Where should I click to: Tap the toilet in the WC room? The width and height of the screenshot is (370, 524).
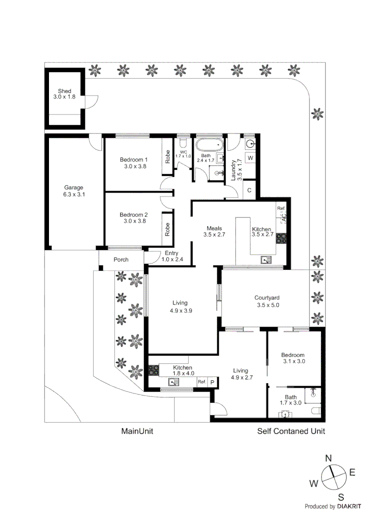point(183,143)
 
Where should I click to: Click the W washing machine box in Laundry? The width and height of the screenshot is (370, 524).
point(250,158)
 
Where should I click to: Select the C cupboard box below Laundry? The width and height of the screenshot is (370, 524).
point(249,191)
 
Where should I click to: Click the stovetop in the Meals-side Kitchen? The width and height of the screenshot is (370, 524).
point(281,238)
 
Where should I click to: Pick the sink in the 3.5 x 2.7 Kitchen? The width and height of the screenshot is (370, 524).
point(266,259)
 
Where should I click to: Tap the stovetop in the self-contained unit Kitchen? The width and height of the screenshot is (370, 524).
point(154,370)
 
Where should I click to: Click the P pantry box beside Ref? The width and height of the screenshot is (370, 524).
point(212,382)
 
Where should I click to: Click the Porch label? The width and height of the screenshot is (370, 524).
point(121,259)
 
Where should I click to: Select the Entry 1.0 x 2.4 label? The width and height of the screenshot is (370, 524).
point(172,256)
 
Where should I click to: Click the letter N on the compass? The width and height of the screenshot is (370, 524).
point(329,458)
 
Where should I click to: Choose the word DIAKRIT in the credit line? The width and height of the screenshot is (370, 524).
point(349,506)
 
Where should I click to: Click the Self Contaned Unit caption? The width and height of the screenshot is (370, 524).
point(291,431)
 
